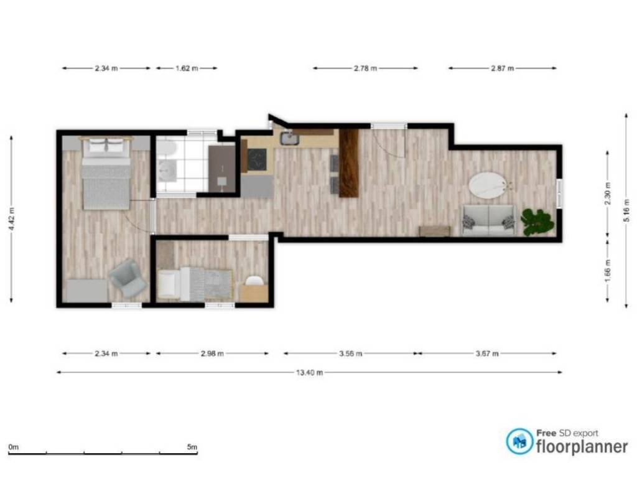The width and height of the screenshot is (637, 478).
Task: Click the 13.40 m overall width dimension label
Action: (310, 372)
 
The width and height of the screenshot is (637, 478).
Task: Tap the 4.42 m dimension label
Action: (11, 218)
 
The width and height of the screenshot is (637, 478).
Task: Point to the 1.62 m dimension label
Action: (187, 68)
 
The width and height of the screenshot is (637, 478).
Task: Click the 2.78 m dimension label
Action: (365, 68)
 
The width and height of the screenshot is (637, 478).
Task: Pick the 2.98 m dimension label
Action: (212, 354)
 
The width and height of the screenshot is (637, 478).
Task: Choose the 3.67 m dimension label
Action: (487, 354)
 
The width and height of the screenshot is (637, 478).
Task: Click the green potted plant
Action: (537, 222)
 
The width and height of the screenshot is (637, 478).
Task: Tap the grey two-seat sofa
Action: (489, 220)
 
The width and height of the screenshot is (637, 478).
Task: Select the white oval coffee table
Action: (488, 186)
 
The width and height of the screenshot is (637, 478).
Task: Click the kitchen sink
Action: (289, 138)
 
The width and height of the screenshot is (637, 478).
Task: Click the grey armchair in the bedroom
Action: (128, 278)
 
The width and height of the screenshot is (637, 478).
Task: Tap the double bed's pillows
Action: (106, 146)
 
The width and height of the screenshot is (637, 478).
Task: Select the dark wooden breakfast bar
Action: (348, 163)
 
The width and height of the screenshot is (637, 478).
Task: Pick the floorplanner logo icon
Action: (519, 441)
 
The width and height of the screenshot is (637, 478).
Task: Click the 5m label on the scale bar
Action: (192, 447)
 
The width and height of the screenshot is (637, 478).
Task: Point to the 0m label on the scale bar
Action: (14, 447)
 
